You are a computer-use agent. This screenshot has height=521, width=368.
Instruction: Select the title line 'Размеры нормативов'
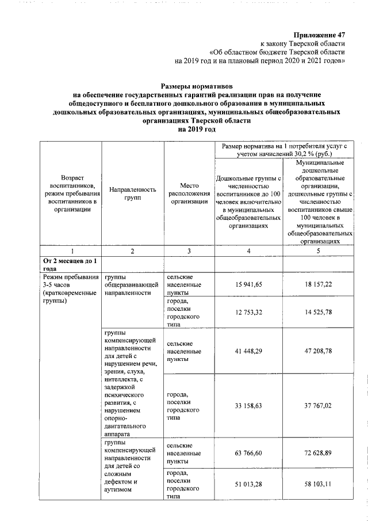click(x=197, y=85)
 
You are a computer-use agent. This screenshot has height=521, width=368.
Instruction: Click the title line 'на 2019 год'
click(x=197, y=130)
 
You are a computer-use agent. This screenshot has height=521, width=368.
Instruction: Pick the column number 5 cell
click(x=318, y=251)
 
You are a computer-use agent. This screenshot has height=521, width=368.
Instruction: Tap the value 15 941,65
click(x=248, y=285)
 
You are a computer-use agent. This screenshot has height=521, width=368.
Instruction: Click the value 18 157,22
click(x=318, y=285)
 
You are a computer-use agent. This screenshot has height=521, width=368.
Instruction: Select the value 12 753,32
click(x=248, y=312)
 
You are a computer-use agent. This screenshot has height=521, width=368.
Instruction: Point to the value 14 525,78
click(x=318, y=312)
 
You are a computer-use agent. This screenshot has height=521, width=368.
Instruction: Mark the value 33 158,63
click(x=248, y=405)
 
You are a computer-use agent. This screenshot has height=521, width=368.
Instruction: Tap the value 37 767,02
click(x=318, y=405)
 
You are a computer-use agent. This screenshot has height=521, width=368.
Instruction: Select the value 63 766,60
click(x=248, y=454)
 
